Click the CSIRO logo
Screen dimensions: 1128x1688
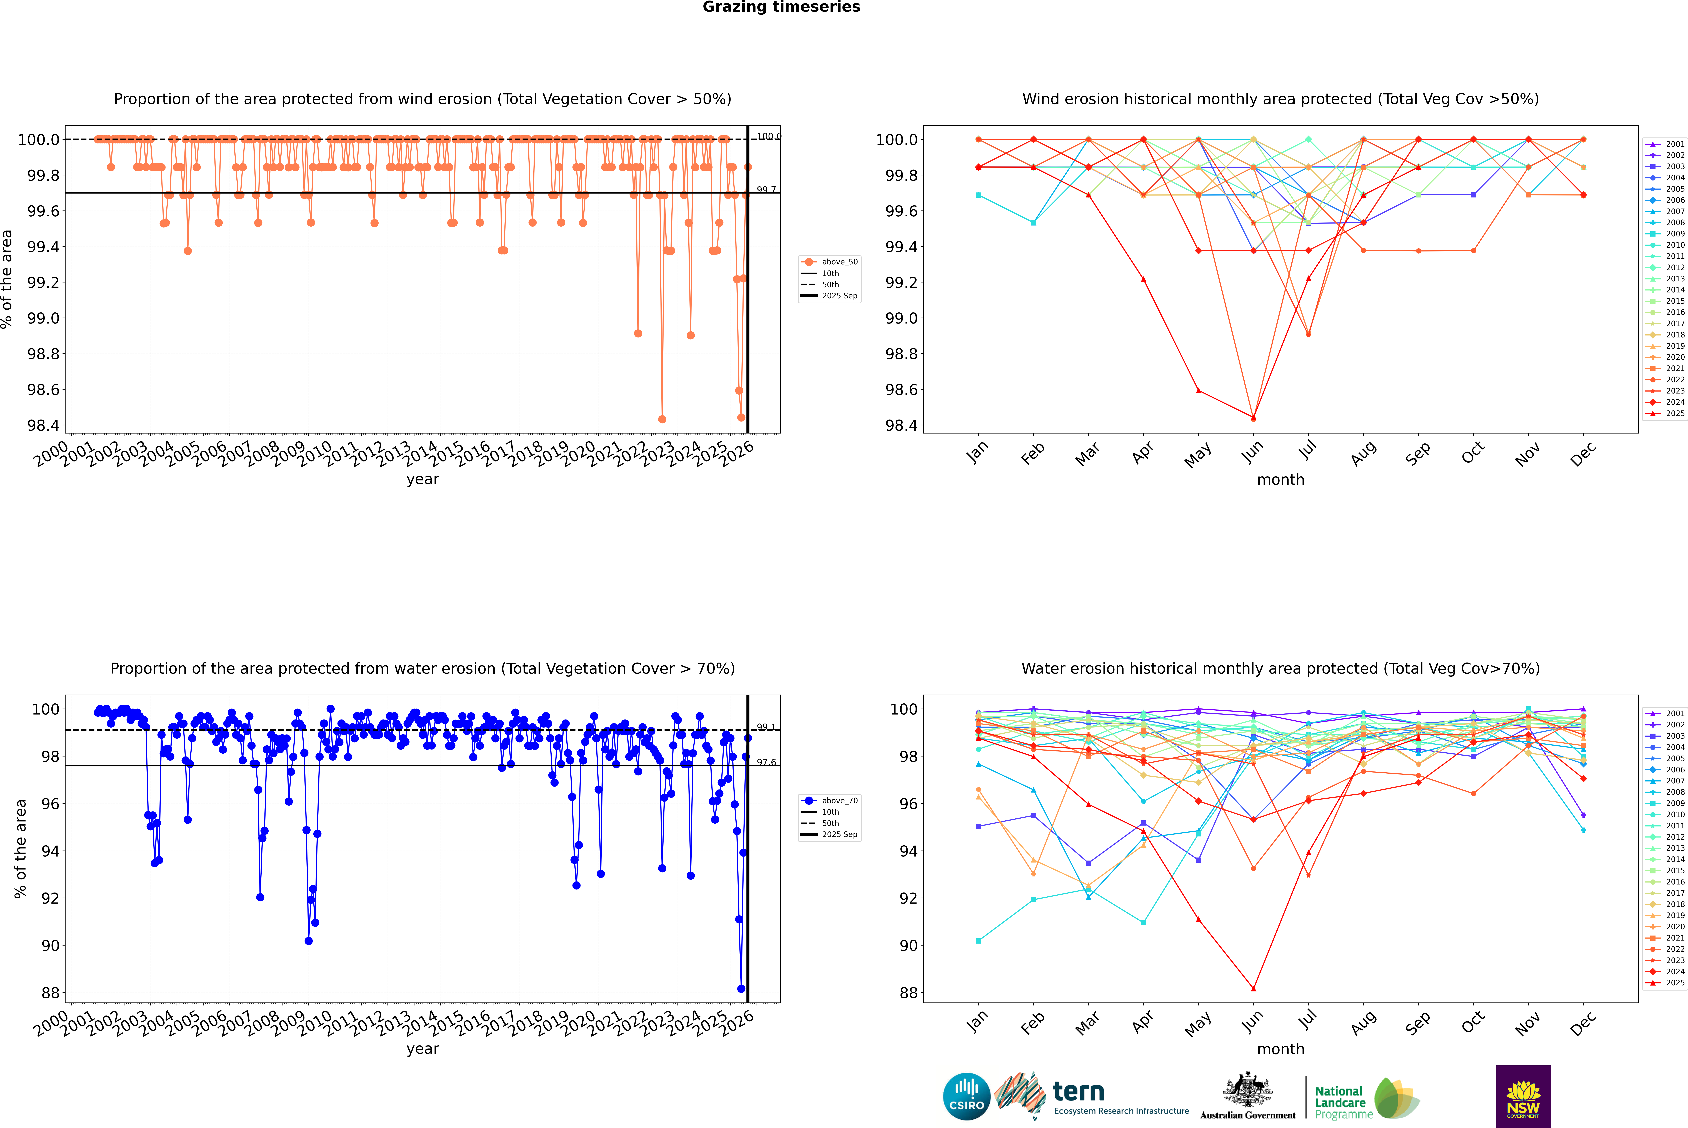click(x=966, y=1096)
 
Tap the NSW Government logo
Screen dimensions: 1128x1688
click(x=1523, y=1096)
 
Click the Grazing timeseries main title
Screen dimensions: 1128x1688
click(x=781, y=7)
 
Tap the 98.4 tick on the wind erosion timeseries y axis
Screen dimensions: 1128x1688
click(x=43, y=425)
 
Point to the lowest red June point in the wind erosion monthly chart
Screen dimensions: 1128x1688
click(x=1253, y=418)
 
